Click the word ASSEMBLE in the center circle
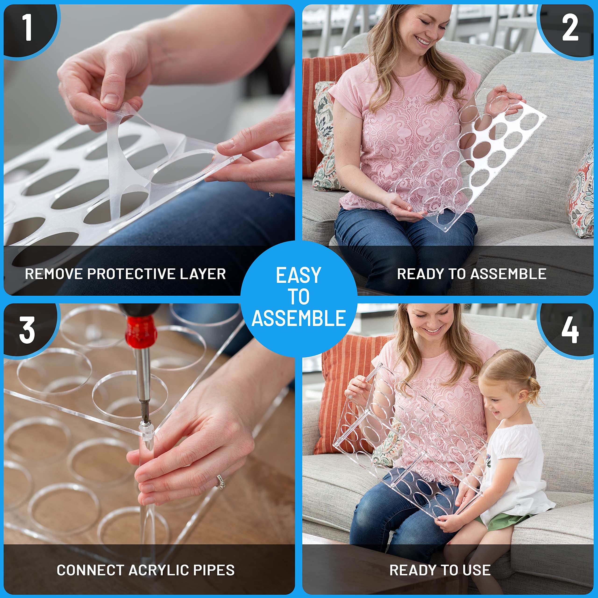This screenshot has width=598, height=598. point(299,318)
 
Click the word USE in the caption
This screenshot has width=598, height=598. point(475,570)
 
